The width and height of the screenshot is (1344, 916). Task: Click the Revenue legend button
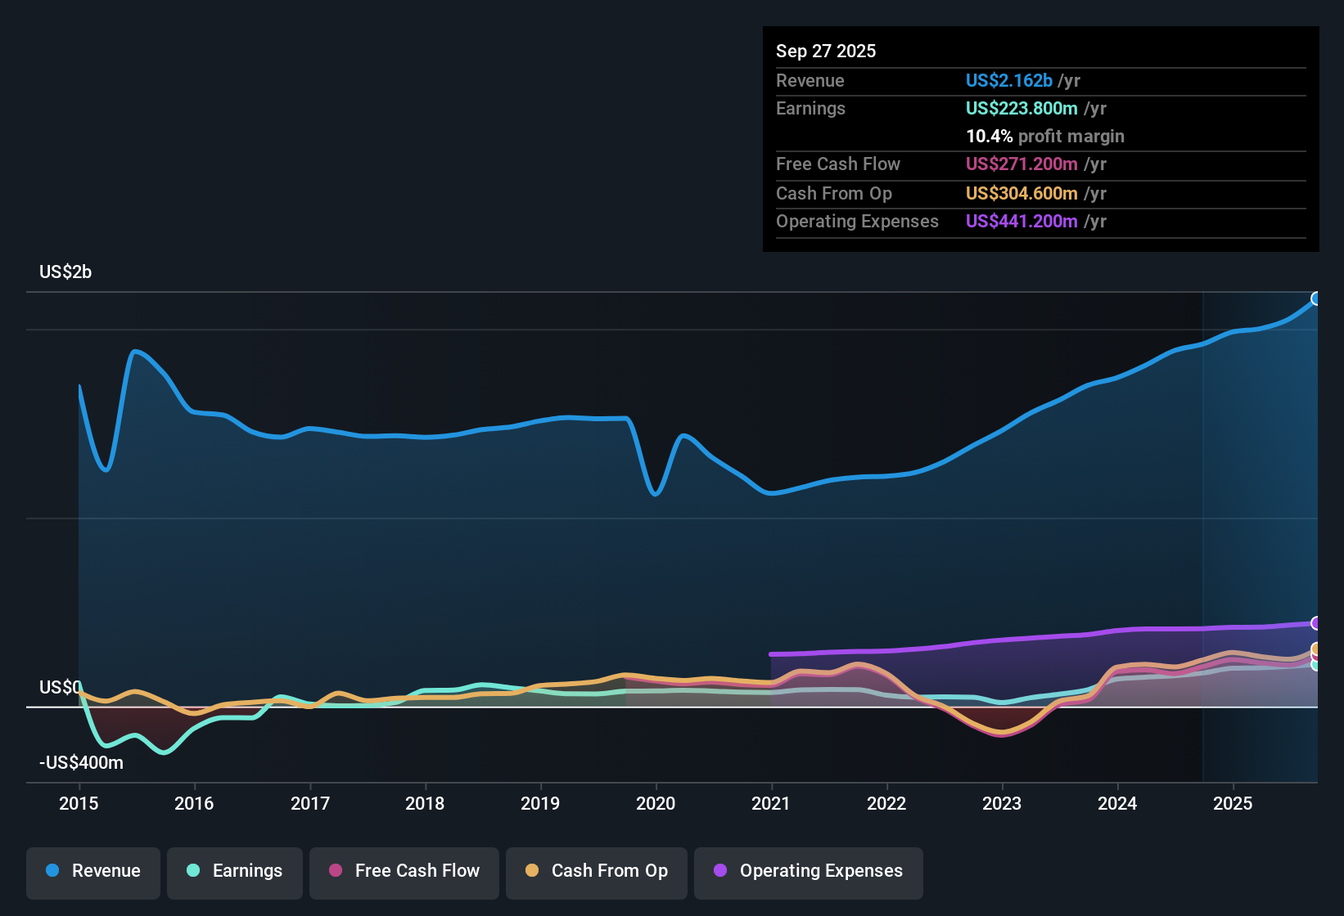93,871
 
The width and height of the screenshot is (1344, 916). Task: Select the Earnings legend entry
235,871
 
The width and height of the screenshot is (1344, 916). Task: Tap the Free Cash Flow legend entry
404,871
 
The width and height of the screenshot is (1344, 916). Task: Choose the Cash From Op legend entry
597,871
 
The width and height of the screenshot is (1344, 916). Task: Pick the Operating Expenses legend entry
809,871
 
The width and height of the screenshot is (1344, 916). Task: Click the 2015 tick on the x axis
79,803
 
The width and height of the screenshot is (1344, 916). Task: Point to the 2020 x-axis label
656,803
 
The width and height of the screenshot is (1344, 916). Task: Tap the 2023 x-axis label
1002,803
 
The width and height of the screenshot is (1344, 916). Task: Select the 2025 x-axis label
1233,803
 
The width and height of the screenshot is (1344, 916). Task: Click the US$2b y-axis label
65,272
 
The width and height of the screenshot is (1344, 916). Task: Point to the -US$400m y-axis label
81,762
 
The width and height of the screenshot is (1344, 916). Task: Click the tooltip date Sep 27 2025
826,51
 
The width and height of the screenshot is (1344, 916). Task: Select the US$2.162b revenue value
1008,80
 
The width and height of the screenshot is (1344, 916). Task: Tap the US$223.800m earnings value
1022,108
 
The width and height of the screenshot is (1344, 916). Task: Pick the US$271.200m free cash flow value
1022,164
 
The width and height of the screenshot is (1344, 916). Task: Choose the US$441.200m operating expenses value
1022,221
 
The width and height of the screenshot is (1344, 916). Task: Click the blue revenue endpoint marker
1316,299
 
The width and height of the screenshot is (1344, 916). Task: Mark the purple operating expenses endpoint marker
1316,623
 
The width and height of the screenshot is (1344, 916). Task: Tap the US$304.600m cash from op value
1022,193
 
